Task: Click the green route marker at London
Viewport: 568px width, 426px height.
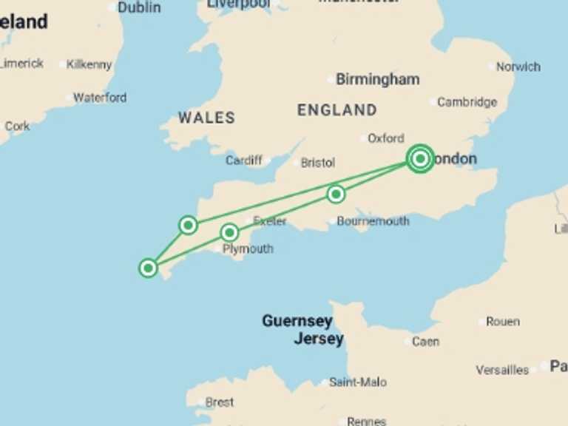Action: (x=420, y=158)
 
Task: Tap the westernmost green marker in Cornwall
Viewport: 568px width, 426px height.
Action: (x=149, y=268)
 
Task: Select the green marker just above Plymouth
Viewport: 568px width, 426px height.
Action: (x=230, y=233)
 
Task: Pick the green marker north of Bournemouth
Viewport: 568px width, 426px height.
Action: (x=336, y=194)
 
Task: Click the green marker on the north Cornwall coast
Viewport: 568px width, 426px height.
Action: (x=189, y=225)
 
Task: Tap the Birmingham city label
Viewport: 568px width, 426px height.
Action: (x=377, y=79)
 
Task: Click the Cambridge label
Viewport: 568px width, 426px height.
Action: (x=467, y=102)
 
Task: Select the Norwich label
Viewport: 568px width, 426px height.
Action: (x=518, y=67)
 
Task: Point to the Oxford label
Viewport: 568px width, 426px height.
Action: (x=386, y=138)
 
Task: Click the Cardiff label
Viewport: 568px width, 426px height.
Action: (x=244, y=160)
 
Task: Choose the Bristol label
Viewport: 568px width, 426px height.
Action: (x=318, y=163)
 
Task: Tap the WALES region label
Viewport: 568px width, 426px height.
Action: (x=206, y=118)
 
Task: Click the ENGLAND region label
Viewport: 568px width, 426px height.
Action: (x=337, y=110)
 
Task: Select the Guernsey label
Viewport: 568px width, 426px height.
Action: (x=297, y=322)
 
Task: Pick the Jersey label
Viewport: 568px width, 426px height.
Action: (x=319, y=339)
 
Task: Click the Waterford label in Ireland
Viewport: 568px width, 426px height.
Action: (x=100, y=98)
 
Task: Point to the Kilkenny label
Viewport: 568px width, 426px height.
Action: (x=89, y=64)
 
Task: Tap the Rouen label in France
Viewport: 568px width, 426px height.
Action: (x=503, y=322)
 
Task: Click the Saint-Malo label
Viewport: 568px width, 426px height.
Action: (x=358, y=382)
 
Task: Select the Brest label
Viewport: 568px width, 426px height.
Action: (x=220, y=402)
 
